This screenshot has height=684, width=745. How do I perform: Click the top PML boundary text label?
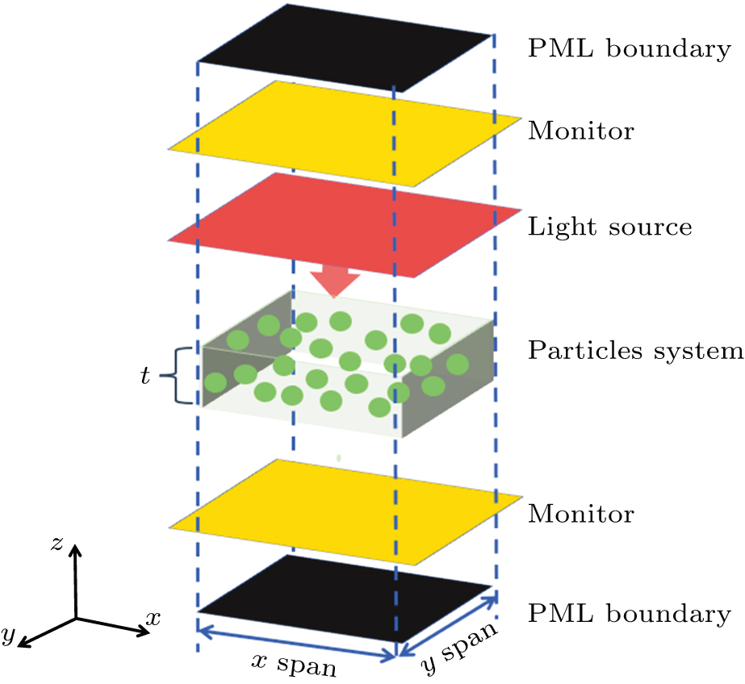tap(629, 49)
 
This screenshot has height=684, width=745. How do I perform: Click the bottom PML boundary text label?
tap(629, 614)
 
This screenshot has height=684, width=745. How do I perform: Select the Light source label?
tap(609, 227)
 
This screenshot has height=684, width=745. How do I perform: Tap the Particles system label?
tap(634, 351)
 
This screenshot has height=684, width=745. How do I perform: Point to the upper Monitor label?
tap(580, 130)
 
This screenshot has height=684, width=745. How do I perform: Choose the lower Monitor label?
tap(580, 513)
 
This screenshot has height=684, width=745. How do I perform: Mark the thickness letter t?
tap(145, 376)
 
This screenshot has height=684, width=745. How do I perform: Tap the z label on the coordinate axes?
tap(57, 544)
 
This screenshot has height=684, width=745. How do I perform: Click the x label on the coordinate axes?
tap(153, 619)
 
